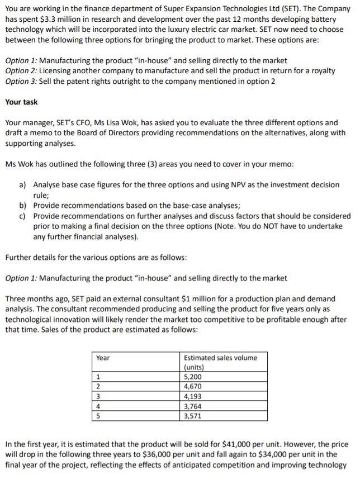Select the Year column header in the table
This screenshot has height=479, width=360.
[x=103, y=358]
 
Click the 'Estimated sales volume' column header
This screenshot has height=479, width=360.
[x=220, y=358]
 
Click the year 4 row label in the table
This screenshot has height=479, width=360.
[x=98, y=406]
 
